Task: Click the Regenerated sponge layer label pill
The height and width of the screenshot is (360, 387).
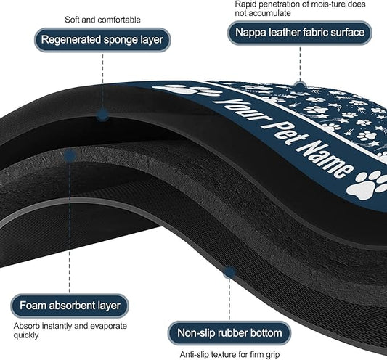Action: tap(102, 40)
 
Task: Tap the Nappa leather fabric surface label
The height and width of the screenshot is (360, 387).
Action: tap(300, 33)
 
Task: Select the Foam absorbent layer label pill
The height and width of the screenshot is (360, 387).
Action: tap(70, 306)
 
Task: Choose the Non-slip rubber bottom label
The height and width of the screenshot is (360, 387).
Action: tap(229, 333)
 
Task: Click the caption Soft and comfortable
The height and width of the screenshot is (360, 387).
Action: tap(102, 20)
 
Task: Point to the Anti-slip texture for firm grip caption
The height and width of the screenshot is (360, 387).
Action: tap(229, 355)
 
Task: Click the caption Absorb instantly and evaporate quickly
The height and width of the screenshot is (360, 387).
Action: tap(70, 330)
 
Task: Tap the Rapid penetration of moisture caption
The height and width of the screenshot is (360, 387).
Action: tap(300, 8)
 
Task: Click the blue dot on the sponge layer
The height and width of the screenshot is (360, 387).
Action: tap(102, 115)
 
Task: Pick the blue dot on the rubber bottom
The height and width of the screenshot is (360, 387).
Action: tap(229, 272)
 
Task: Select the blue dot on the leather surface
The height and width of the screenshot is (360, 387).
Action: tap(300, 86)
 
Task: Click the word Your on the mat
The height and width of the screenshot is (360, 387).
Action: tap(243, 110)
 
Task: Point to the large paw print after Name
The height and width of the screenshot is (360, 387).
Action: tap(367, 184)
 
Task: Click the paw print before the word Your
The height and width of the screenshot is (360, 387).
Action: tap(188, 90)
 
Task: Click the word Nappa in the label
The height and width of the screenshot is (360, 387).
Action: tap(250, 33)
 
